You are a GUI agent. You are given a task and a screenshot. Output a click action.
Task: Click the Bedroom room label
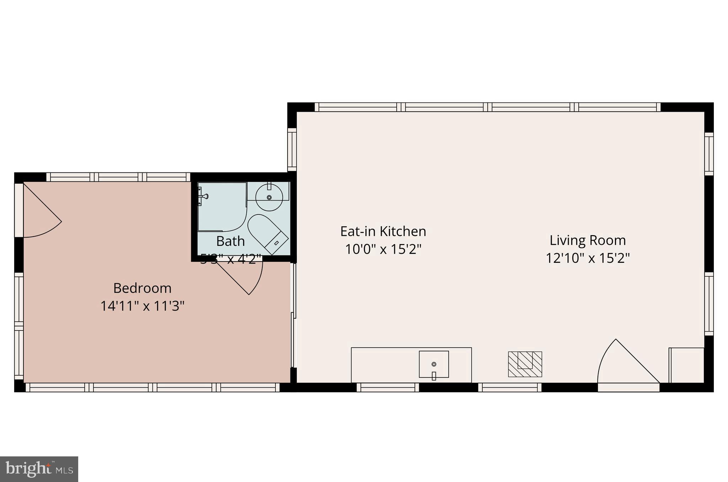142,288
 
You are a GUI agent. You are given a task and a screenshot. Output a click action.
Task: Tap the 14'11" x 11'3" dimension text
142,306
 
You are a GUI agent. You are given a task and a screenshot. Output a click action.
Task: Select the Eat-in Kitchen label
383,232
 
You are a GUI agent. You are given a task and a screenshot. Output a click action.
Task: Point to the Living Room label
588,240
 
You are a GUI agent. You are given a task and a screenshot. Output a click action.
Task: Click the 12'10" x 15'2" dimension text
588,258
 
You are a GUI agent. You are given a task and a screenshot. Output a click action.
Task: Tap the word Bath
230,242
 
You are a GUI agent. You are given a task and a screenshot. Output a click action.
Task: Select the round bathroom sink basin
269,197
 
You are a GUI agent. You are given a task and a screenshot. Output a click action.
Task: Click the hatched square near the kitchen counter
525,364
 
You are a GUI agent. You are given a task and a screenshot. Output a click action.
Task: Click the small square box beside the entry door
686,365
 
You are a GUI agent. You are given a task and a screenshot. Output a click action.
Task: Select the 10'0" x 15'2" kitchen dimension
383,249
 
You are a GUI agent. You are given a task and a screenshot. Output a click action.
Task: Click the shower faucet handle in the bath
204,196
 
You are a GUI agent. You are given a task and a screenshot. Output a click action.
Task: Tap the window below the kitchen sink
387,387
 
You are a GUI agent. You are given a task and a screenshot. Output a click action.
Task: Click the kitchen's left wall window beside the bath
292,149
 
